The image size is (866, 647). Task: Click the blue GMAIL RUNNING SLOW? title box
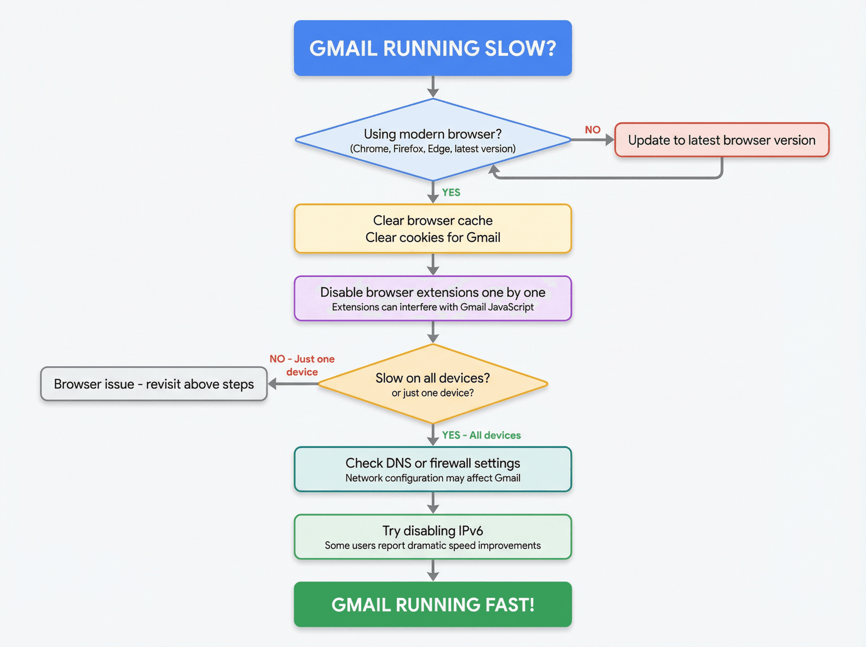click(x=433, y=48)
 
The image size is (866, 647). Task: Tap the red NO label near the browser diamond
click(x=592, y=130)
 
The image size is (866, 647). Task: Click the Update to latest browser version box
click(x=721, y=140)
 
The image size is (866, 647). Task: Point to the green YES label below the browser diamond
click(x=451, y=193)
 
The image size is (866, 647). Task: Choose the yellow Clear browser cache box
click(x=433, y=228)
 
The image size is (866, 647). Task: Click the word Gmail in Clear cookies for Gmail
click(x=483, y=237)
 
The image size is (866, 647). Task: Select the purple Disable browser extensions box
click(x=433, y=298)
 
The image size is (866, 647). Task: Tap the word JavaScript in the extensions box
click(x=511, y=307)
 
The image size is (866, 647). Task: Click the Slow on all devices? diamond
click(x=433, y=384)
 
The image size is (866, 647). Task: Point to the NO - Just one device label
click(x=302, y=365)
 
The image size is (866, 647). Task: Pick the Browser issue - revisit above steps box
click(x=154, y=384)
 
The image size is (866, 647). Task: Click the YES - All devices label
click(x=481, y=435)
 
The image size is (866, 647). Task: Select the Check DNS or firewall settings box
click(x=433, y=469)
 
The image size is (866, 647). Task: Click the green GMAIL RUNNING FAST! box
click(x=433, y=605)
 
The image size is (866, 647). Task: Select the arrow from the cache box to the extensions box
click(x=433, y=264)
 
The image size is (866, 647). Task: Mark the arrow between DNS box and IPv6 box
click(x=433, y=503)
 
